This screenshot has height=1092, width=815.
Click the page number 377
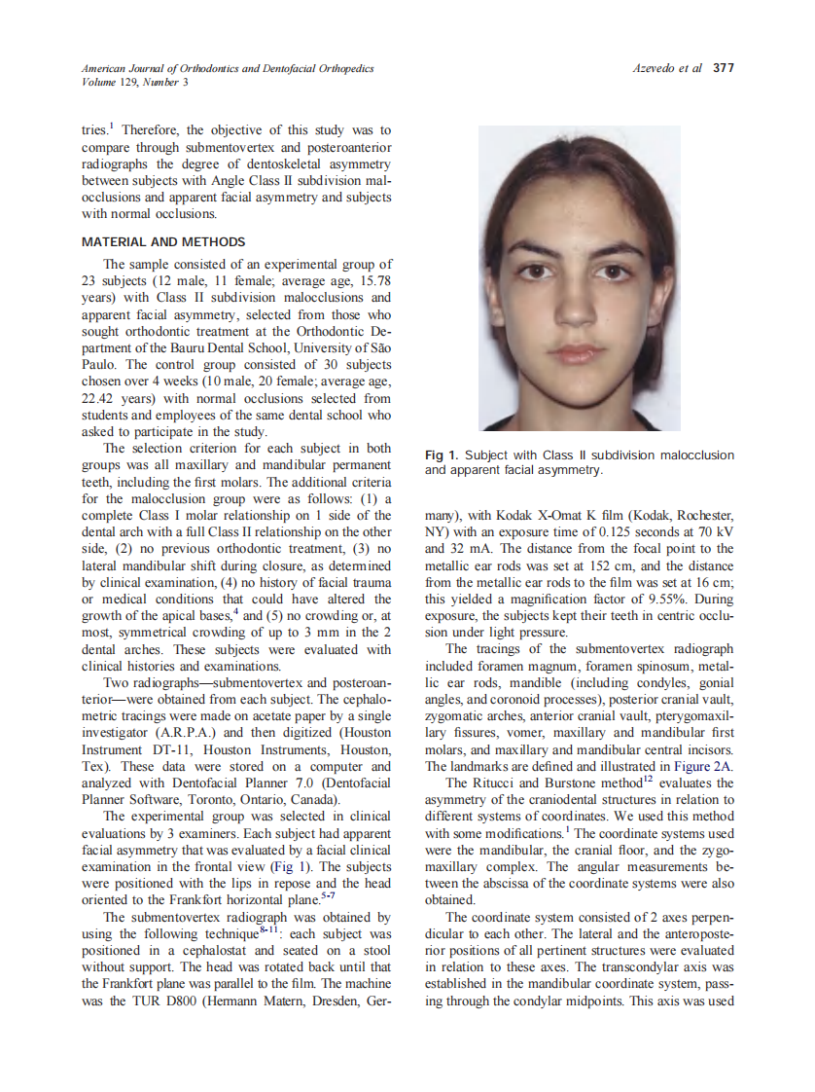click(723, 68)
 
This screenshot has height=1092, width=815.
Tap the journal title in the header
click(227, 68)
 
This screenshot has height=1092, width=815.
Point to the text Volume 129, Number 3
click(135, 82)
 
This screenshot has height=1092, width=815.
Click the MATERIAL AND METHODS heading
click(163, 241)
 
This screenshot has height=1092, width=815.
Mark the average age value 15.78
click(373, 280)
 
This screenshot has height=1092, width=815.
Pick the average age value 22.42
click(98, 398)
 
